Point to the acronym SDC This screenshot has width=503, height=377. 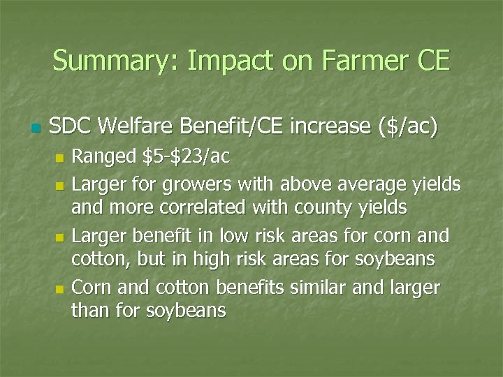coord(71,127)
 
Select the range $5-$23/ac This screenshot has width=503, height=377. coord(185,157)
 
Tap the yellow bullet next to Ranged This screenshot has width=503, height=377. coord(59,158)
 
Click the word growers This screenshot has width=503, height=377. coord(199,184)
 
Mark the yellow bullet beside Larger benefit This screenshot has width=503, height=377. coord(59,237)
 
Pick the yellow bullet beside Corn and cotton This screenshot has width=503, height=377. coord(59,288)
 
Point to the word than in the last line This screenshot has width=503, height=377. coord(88,311)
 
